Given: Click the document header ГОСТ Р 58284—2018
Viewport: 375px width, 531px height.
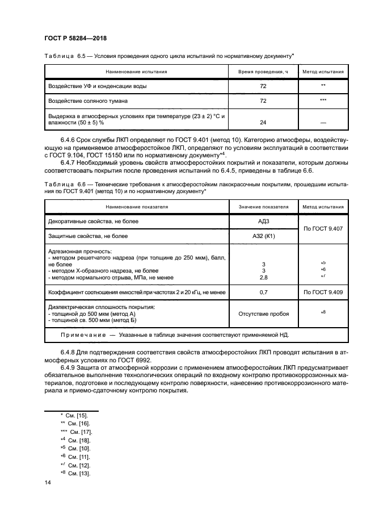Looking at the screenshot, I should pyautogui.click(x=75, y=38).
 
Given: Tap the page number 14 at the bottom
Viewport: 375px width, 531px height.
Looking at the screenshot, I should pyautogui.click(x=48, y=482).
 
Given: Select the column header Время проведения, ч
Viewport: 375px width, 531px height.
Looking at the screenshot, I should pyautogui.click(x=263, y=72).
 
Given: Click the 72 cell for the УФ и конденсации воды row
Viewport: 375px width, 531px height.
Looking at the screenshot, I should pyautogui.click(x=263, y=86).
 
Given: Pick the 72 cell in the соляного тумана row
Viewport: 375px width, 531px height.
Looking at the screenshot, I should pyautogui.click(x=263, y=101).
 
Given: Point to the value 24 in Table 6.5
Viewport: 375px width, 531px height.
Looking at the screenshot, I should pyautogui.click(x=263, y=122).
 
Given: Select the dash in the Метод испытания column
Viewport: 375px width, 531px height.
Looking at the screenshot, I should pyautogui.click(x=323, y=123).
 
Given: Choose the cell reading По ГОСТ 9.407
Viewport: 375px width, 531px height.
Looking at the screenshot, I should pyautogui.click(x=323, y=228).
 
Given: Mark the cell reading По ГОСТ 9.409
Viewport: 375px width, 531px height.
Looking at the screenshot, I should pyautogui.click(x=323, y=292).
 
